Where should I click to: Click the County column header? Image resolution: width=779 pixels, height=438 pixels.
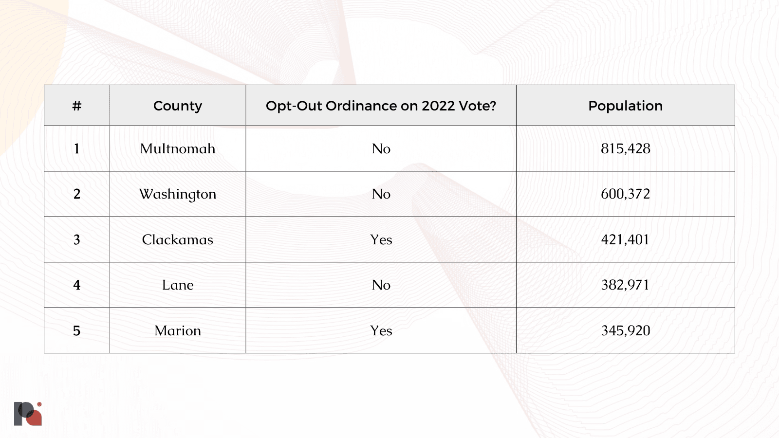point(177,106)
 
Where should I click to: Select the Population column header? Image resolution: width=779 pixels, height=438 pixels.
point(625,106)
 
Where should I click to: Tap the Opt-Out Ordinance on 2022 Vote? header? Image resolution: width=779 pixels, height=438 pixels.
point(381,106)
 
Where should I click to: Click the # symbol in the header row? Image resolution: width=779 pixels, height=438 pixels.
point(76,106)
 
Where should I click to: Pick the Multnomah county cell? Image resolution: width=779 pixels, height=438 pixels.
point(177,148)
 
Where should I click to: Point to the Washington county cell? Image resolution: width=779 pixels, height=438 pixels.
point(177,194)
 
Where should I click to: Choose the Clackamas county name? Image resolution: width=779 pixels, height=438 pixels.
point(177,239)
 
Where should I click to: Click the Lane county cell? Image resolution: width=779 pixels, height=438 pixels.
point(177,285)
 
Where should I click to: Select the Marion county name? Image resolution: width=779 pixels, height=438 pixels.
point(177,330)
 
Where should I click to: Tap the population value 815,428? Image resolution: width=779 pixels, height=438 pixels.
point(625,148)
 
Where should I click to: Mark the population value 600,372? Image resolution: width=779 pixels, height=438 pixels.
point(625,194)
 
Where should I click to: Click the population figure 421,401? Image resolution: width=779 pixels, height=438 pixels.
point(625,239)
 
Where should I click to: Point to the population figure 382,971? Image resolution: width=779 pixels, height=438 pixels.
point(625,285)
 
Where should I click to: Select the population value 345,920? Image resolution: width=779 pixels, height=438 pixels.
point(625,330)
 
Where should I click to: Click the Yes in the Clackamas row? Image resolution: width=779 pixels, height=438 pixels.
point(381,239)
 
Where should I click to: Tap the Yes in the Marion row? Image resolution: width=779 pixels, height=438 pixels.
point(381,330)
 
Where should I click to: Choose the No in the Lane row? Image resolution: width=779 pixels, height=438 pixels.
point(381,285)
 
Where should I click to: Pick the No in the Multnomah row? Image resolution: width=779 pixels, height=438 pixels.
point(381,148)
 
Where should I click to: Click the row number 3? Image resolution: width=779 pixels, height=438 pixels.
point(76,239)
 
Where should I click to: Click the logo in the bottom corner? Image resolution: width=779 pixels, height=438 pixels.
point(28,414)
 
